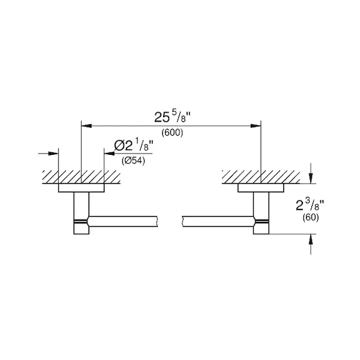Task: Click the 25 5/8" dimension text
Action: [173, 116]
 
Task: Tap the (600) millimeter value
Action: [172, 133]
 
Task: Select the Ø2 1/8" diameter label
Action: [134, 145]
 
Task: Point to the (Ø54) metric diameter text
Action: [133, 161]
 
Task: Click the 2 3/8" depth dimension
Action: [310, 205]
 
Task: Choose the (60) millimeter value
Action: [310, 217]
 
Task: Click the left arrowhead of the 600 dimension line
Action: [86, 126]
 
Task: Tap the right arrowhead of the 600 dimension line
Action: [256, 126]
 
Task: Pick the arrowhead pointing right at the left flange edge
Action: [53, 154]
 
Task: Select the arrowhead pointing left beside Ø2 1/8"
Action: [109, 154]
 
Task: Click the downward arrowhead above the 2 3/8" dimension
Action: [311, 178]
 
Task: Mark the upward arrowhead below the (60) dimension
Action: [311, 239]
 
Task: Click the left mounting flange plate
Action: [81, 188]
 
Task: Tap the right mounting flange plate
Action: [261, 188]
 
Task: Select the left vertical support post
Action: [81, 213]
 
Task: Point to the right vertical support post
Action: [261, 213]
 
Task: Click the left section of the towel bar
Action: [123, 221]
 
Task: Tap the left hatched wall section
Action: [81, 177]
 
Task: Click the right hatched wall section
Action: [261, 177]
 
